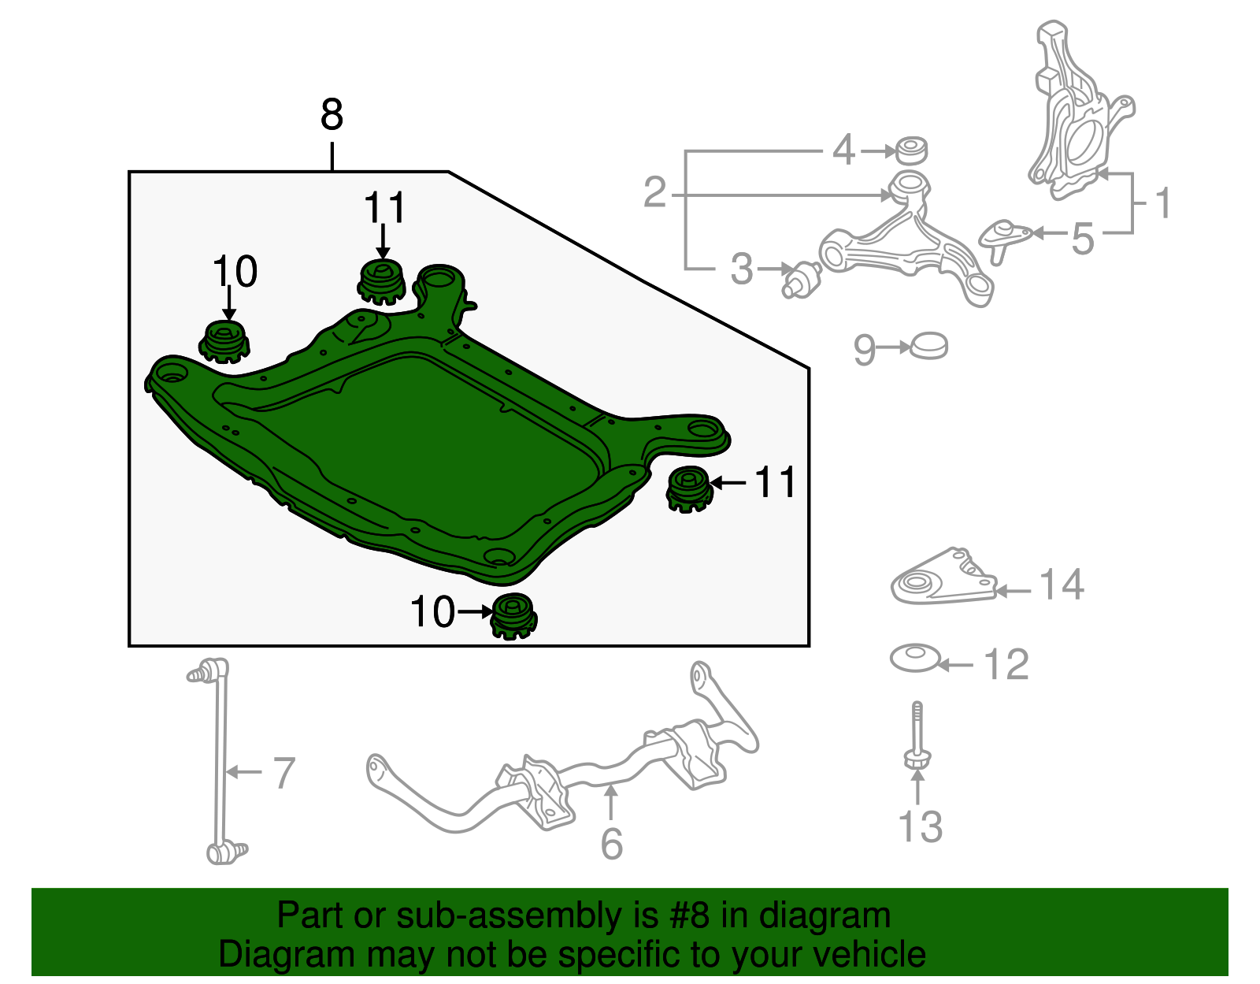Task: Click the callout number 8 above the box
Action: point(332,115)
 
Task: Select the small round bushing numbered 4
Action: point(912,150)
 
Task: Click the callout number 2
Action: point(655,192)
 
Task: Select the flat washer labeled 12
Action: point(913,658)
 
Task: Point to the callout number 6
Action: point(612,844)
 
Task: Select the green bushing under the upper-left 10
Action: point(224,341)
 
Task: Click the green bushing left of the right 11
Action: point(689,489)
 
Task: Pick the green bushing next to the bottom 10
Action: point(513,616)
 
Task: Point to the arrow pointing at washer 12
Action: point(956,666)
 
